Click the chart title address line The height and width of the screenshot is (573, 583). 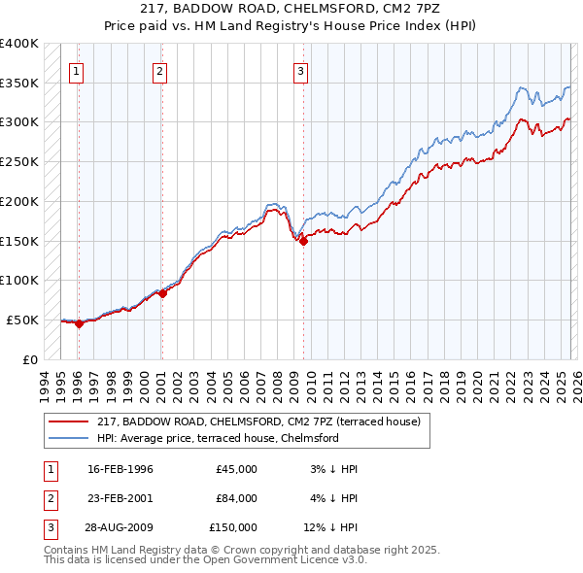tap(291, 9)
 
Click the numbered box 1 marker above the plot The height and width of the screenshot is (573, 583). tap(76, 70)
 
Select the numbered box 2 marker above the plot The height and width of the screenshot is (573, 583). tap(159, 70)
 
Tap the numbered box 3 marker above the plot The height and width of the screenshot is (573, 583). tap(301, 70)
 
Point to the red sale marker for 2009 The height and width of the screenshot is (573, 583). tap(304, 242)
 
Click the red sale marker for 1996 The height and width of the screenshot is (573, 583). tap(80, 324)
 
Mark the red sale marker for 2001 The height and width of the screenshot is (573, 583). tap(162, 293)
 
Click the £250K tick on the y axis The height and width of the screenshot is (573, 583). tap(19, 162)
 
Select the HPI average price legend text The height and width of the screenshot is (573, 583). tap(217, 438)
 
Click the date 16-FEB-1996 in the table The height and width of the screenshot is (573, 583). tap(120, 469)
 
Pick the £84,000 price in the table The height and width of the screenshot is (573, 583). tap(236, 498)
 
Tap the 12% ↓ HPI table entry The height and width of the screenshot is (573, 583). tap(331, 527)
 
